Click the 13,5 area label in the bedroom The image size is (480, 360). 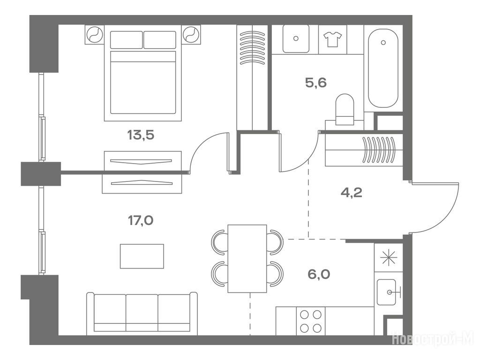tap(141, 135)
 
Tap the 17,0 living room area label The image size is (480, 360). tap(141, 220)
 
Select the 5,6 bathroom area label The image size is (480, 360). tap(316, 82)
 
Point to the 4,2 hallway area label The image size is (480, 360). tap(352, 193)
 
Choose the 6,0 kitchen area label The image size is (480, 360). tap(319, 274)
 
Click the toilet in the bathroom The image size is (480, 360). tap(345, 109)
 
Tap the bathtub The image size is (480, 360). tap(383, 68)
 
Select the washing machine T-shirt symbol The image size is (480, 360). tap(332, 39)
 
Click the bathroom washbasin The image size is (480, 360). tap(296, 38)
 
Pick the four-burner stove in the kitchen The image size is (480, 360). tap(310, 321)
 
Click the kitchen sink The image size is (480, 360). tap(388, 292)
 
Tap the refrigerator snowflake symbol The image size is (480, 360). tap(389, 258)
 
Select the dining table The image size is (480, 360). tap(247, 259)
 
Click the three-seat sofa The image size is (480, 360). tap(142, 314)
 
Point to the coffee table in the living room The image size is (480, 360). tap(142, 256)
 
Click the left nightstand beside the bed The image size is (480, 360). tap(94, 34)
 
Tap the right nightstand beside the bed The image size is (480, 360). tap(192, 34)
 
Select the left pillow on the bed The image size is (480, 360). tap(126, 39)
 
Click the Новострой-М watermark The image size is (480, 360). tap(433, 339)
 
